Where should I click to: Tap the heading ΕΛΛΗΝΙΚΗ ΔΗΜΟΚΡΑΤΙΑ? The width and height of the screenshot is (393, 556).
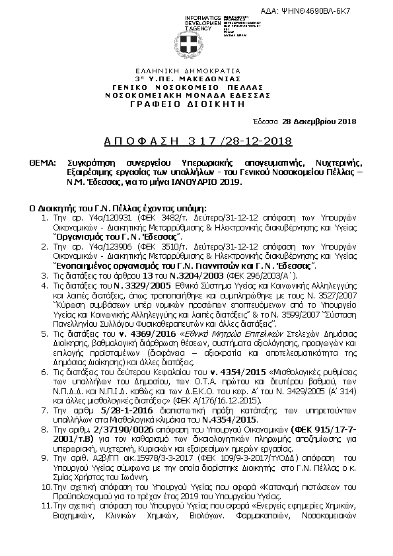tap(196, 70)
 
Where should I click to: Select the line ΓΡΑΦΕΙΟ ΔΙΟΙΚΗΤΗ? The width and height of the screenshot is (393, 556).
tap(196, 104)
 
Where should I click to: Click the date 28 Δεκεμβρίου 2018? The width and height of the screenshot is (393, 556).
tap(319, 121)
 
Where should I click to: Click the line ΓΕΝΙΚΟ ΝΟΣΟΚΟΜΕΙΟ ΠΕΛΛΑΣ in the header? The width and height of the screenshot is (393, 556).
tap(196, 87)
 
